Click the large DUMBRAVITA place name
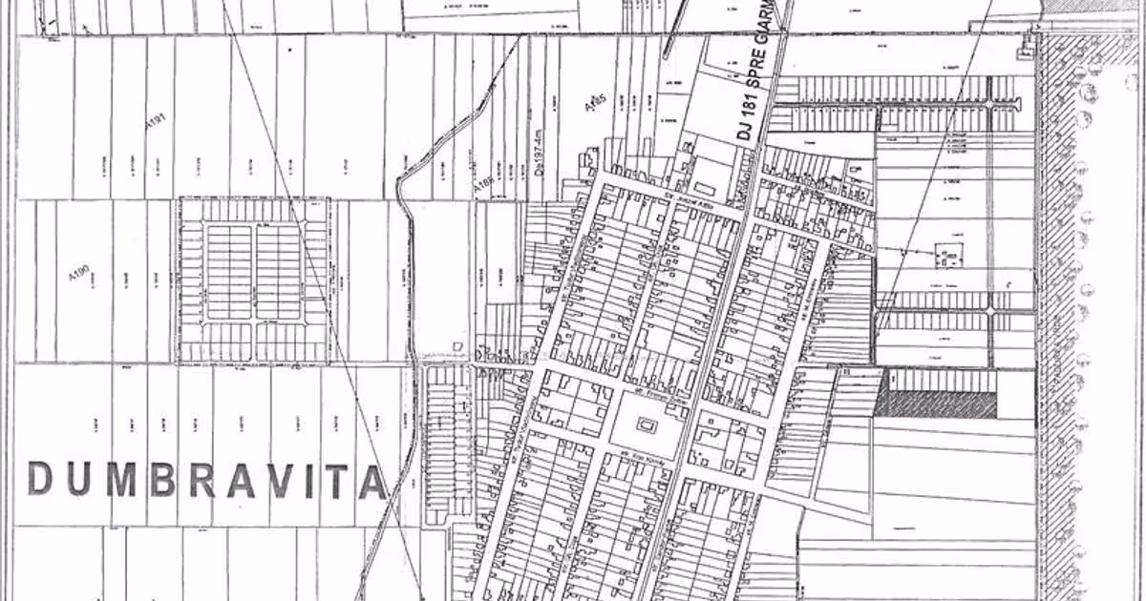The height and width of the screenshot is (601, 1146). point(206,480)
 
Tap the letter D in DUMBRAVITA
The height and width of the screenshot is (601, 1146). point(41,479)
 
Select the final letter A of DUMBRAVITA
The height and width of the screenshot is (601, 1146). point(371,481)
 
